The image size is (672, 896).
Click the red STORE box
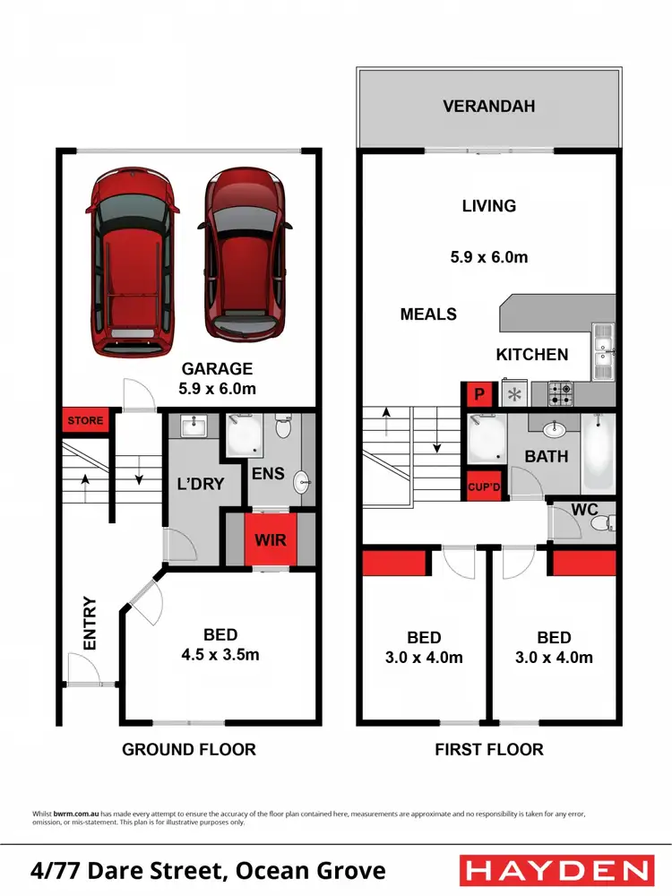click(85, 420)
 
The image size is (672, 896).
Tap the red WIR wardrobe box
click(270, 541)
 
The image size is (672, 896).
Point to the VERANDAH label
click(488, 107)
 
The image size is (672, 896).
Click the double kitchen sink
click(602, 352)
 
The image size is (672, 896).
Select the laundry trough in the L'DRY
click(192, 427)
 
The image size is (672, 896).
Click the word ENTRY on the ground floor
click(90, 624)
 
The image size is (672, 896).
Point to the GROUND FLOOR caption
click(189, 749)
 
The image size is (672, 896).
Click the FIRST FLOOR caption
click(489, 749)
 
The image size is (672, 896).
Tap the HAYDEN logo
click(556, 870)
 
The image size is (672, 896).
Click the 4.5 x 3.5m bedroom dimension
click(220, 654)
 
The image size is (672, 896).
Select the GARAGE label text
click(217, 368)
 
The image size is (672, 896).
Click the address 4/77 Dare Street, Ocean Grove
click(208, 870)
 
